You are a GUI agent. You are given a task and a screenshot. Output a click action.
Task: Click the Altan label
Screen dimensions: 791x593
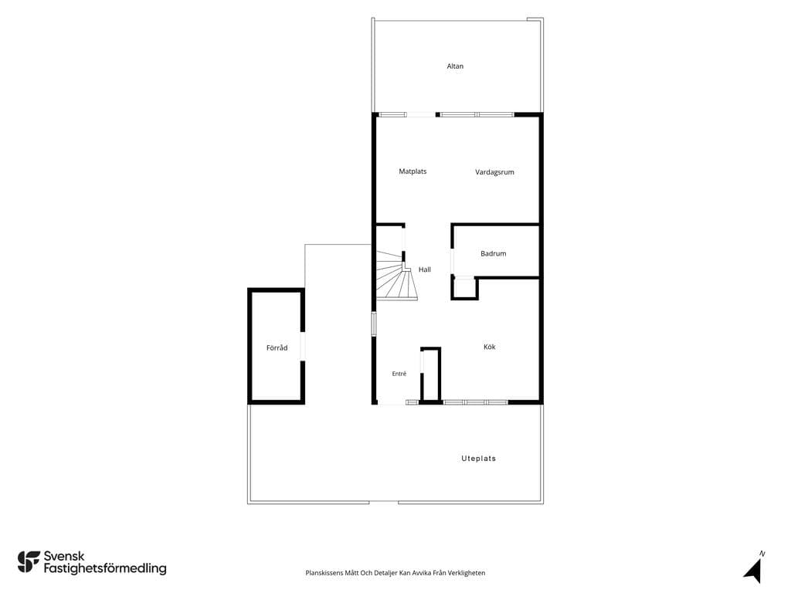[x=454, y=66]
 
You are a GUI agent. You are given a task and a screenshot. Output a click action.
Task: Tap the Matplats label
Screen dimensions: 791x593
[x=412, y=171]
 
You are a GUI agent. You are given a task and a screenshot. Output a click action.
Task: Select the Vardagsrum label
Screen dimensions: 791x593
[x=494, y=172]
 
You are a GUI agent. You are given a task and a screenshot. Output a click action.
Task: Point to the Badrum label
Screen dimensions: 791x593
[x=493, y=253]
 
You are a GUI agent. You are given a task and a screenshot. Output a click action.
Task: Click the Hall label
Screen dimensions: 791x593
[x=424, y=269]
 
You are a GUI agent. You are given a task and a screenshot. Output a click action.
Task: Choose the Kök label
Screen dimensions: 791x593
[x=489, y=347]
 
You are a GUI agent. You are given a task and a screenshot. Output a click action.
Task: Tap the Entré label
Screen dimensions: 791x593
[x=399, y=374]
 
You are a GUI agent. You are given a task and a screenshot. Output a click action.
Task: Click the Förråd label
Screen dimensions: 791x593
[x=277, y=348]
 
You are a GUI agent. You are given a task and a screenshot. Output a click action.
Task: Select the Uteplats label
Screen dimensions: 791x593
[x=479, y=459]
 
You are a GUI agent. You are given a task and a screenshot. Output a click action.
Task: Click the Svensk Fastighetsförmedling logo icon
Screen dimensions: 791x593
[x=29, y=562]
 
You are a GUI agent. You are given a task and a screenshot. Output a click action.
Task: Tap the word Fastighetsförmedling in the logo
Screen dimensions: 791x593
[x=105, y=569]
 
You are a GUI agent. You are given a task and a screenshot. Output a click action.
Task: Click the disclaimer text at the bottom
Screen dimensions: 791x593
[x=395, y=573]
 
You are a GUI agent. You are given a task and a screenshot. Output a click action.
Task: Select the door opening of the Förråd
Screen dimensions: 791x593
[x=303, y=346]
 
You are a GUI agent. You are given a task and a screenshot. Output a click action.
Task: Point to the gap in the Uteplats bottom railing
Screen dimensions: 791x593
[x=383, y=502]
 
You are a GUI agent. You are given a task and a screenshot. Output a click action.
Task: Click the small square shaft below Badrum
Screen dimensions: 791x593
[x=464, y=288]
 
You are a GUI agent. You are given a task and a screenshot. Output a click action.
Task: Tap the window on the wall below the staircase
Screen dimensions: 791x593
[x=374, y=324]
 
